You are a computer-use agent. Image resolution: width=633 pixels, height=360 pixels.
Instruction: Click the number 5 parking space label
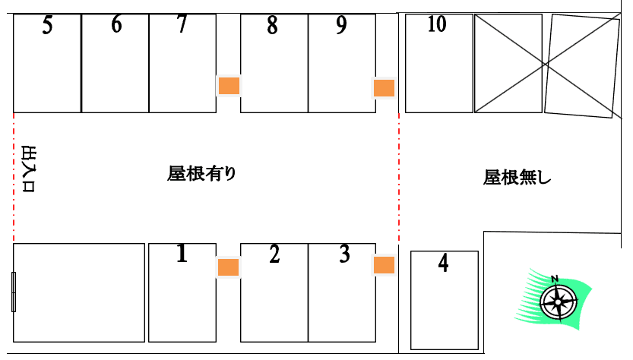[x=48, y=25]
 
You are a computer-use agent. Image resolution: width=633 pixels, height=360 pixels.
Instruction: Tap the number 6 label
[x=116, y=24]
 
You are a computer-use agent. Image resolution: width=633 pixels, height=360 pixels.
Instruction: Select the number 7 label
[x=182, y=24]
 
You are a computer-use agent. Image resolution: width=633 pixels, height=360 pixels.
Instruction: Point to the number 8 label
[x=273, y=25]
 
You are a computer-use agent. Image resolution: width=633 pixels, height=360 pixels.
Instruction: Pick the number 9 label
[x=341, y=25]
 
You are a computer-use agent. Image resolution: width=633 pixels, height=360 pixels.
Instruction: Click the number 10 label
[x=437, y=24]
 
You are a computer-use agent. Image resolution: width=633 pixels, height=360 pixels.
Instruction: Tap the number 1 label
[x=182, y=254]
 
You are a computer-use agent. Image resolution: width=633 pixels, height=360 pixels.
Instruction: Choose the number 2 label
[x=274, y=254]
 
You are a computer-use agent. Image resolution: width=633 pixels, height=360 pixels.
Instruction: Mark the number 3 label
[x=344, y=254]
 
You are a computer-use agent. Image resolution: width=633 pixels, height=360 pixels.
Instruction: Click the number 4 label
[x=443, y=263]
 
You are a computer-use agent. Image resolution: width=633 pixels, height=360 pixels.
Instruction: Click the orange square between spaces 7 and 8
[x=229, y=86]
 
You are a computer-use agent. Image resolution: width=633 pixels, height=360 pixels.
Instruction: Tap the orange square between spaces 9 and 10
[x=384, y=88]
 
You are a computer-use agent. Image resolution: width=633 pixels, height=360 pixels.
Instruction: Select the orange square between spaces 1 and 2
[x=229, y=267]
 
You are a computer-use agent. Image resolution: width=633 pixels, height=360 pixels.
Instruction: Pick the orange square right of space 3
[x=384, y=265]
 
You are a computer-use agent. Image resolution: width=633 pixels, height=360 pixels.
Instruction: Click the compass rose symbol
[x=559, y=302]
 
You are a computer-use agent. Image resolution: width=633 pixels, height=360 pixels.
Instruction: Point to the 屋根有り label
[x=201, y=173]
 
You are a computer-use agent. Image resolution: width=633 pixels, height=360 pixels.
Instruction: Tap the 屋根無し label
[x=517, y=177]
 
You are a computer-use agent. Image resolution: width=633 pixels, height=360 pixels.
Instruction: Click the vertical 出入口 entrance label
[x=28, y=169]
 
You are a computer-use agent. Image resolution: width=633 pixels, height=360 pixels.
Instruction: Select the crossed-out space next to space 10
[x=508, y=63]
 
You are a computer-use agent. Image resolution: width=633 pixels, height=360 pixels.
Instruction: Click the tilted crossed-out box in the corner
[x=582, y=66]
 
